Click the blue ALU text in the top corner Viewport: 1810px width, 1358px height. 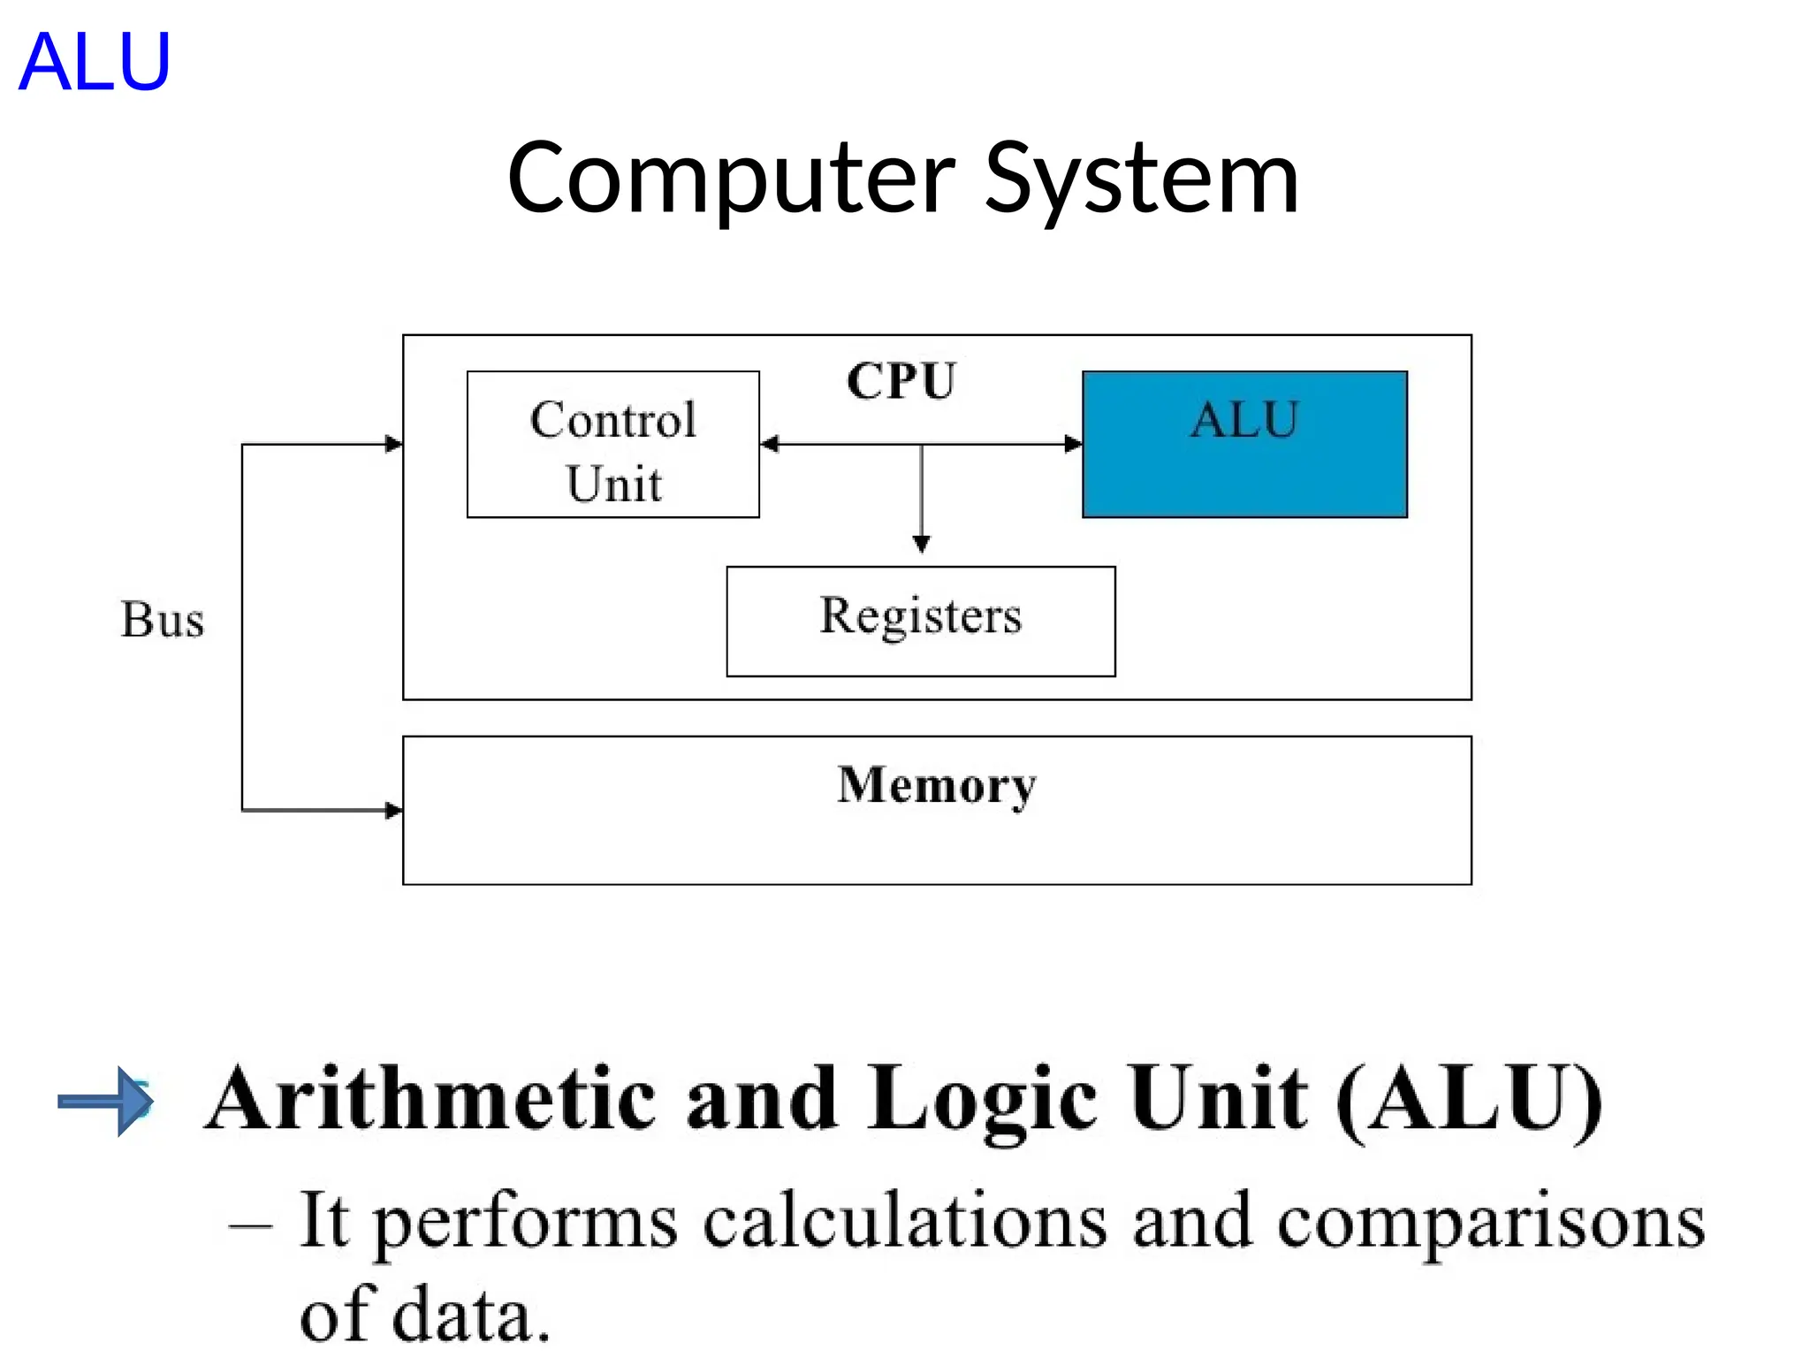pos(94,62)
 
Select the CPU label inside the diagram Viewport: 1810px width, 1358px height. pos(901,381)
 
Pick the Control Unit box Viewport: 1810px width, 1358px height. pos(612,445)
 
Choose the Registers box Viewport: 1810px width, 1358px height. pos(920,621)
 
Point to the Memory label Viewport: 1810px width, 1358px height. pos(936,785)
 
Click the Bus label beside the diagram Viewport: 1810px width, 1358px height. pos(163,619)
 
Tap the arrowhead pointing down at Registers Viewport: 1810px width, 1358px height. pos(921,543)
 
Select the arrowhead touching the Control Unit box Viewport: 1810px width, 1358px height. pos(770,444)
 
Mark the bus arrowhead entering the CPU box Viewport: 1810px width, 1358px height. pos(393,444)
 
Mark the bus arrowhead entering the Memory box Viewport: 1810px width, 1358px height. pos(393,810)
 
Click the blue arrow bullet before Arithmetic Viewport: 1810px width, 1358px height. pos(107,1101)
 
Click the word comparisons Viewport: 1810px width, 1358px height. pos(1491,1223)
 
